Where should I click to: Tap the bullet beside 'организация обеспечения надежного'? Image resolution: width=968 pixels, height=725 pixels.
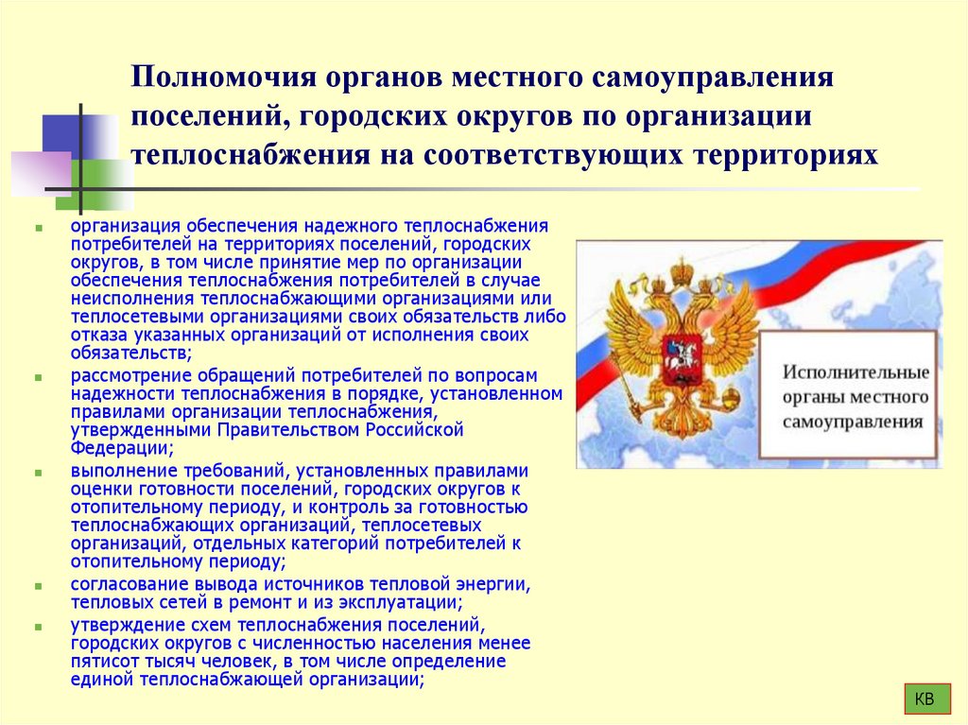pos(37,228)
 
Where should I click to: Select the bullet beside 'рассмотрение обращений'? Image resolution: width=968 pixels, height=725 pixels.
pos(37,376)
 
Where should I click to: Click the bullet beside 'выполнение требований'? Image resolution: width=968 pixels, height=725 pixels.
pos(37,471)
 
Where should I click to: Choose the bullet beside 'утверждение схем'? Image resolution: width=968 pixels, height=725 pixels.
pos(37,626)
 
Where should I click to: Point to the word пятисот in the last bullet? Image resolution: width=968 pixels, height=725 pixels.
pos(98,661)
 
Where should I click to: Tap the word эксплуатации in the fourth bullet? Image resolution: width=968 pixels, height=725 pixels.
pos(400,602)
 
